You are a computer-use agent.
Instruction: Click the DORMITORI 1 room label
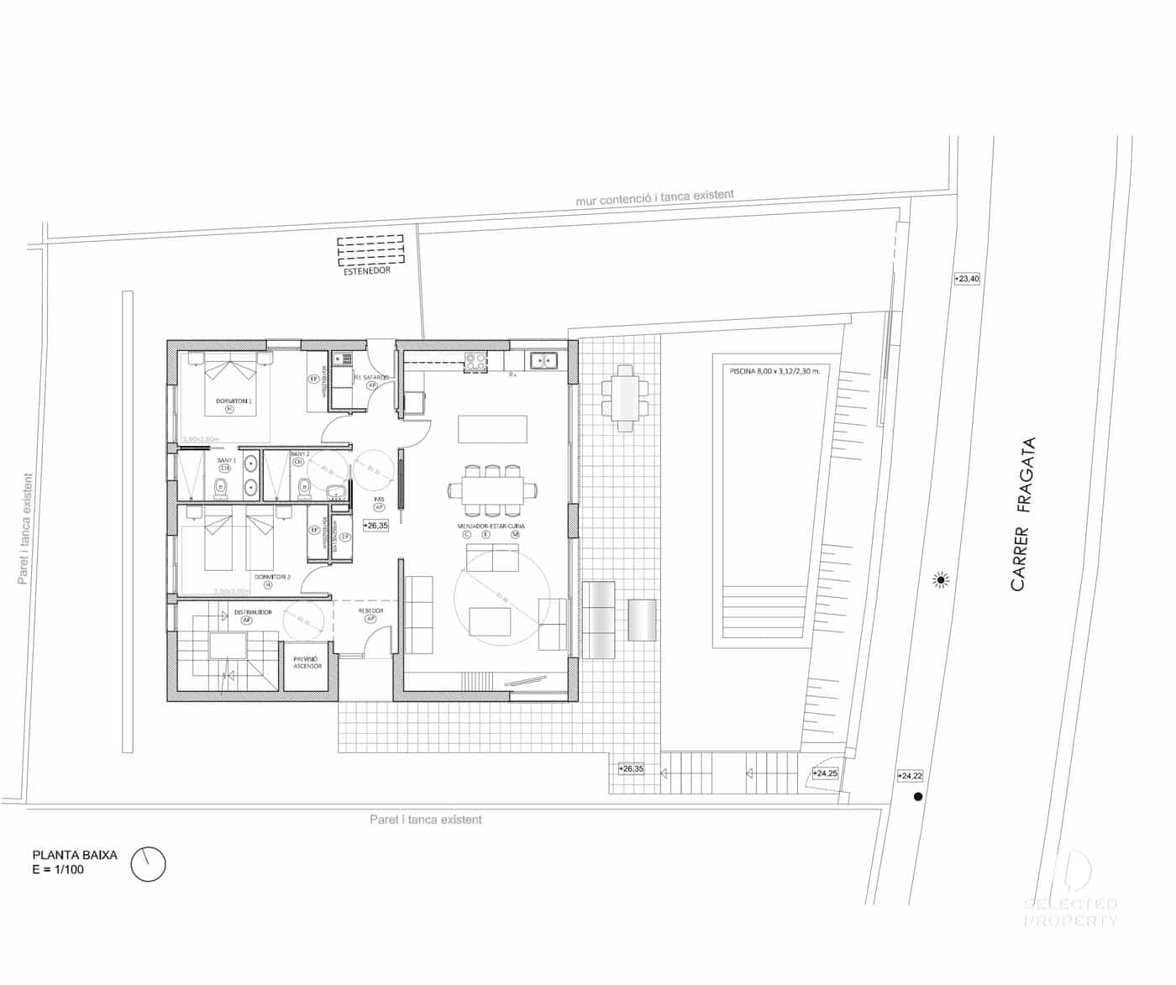click(x=234, y=401)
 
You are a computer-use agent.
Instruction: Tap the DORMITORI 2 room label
click(x=272, y=577)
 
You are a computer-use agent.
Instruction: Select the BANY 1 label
click(x=226, y=461)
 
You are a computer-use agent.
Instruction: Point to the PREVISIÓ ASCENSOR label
click(x=307, y=663)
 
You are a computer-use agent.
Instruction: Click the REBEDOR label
click(x=370, y=611)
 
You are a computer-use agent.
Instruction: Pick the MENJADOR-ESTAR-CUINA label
click(x=491, y=527)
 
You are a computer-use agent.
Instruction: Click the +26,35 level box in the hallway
click(x=375, y=526)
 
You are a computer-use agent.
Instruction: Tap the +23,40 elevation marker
click(x=967, y=279)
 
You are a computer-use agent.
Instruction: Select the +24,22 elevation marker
click(x=910, y=777)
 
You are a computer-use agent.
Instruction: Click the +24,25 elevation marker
click(x=825, y=773)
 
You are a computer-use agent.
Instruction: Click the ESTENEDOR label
click(x=367, y=271)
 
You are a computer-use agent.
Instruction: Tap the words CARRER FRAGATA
click(x=1023, y=514)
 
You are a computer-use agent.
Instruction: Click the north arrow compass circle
click(x=149, y=864)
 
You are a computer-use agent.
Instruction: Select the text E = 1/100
click(x=58, y=870)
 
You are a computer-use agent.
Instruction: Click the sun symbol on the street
click(x=942, y=580)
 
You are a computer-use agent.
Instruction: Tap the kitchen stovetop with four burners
click(x=476, y=362)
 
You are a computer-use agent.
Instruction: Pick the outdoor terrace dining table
click(x=626, y=398)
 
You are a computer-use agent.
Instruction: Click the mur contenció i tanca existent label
click(x=654, y=197)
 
